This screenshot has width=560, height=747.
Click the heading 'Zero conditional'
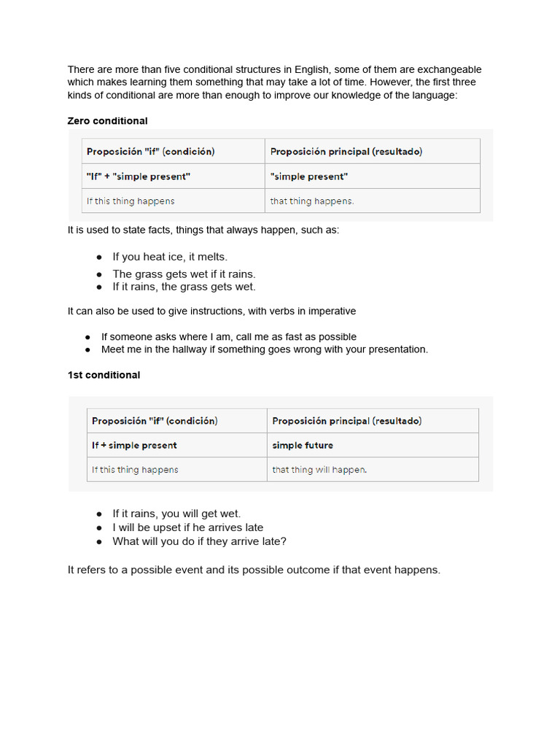pos(107,121)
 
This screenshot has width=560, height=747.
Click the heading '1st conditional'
pos(104,375)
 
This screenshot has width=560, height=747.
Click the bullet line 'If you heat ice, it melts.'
pos(170,257)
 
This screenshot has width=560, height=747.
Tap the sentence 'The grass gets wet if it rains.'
pos(184,274)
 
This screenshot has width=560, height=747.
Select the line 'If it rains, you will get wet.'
pos(176,514)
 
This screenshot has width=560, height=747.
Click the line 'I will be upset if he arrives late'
pos(187,527)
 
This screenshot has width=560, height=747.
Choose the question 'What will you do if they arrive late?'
pos(199,541)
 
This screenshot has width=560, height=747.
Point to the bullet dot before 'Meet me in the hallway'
pos(87,350)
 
